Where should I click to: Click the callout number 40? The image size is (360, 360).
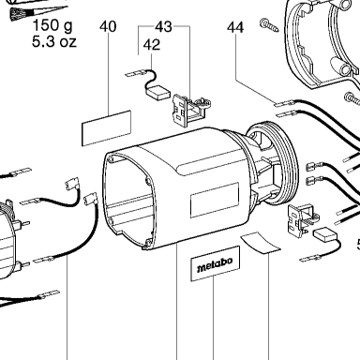tap(108, 27)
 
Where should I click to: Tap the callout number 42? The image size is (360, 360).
tap(152, 45)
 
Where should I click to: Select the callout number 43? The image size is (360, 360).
tap(163, 27)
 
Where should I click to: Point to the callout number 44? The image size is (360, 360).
tap(235, 27)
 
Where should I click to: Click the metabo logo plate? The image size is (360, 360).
tap(215, 263)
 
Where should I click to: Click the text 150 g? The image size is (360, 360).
tap(52, 25)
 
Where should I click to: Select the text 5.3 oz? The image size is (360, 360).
tap(54, 41)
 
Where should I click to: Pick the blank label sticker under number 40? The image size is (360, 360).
tap(106, 127)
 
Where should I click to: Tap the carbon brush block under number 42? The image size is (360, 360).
tap(158, 94)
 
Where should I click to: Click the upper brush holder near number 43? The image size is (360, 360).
tap(190, 110)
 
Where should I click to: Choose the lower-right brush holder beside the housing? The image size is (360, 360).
tap(302, 219)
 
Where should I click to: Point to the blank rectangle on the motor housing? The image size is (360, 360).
tap(215, 201)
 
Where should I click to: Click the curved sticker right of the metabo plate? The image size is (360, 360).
tap(261, 243)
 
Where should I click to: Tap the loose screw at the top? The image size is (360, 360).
tap(269, 25)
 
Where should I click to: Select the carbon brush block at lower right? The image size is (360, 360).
tap(324, 234)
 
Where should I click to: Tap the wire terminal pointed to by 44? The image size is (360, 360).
tap(284, 103)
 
